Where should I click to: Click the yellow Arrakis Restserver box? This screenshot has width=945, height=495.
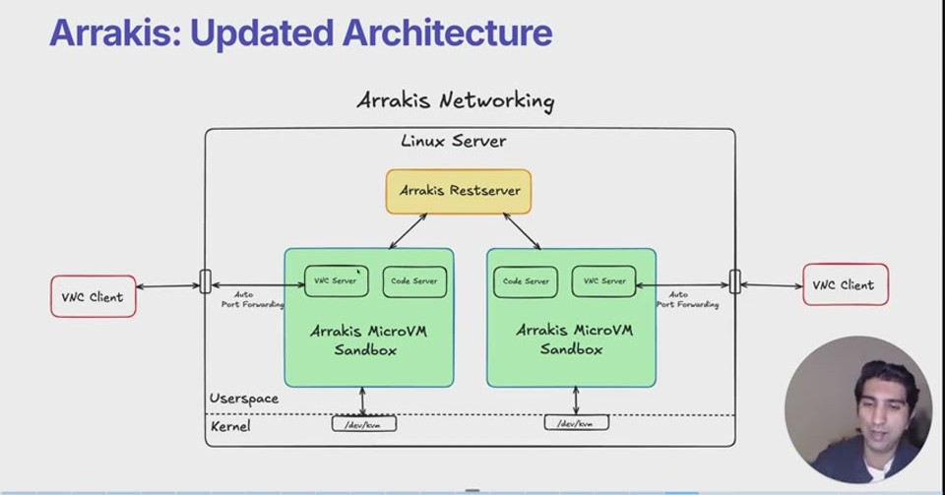click(x=459, y=192)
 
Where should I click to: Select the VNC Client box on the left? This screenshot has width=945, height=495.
click(x=94, y=296)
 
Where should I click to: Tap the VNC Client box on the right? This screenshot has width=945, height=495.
click(x=846, y=284)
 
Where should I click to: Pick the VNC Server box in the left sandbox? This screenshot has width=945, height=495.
click(x=337, y=281)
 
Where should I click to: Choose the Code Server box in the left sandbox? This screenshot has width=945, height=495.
click(x=414, y=281)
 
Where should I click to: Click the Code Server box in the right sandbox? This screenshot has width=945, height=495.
click(x=526, y=281)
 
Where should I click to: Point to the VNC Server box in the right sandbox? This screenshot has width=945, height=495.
click(x=603, y=281)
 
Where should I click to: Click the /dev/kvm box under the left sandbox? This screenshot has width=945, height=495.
click(x=364, y=423)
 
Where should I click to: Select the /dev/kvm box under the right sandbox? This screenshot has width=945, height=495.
click(x=577, y=423)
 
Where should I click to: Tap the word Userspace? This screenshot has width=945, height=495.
click(x=244, y=399)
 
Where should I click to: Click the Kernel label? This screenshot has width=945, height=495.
click(x=230, y=426)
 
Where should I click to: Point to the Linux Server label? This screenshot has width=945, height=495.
click(x=454, y=141)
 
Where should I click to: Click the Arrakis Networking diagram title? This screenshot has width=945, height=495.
click(x=456, y=100)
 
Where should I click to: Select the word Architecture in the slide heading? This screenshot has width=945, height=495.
click(x=447, y=32)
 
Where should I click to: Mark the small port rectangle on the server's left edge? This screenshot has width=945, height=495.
click(x=206, y=281)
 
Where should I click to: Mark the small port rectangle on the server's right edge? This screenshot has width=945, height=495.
click(x=735, y=281)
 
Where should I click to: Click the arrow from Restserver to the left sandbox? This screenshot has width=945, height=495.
click(x=408, y=231)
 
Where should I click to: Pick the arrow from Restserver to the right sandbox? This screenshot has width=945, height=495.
click(x=522, y=231)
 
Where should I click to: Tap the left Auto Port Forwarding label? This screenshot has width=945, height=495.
click(x=252, y=299)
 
